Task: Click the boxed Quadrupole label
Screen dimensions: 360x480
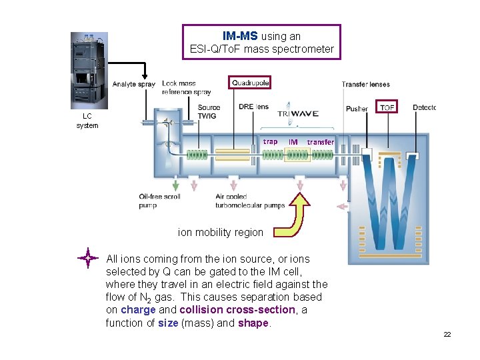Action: (x=251, y=83)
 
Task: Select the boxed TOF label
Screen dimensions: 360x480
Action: (x=387, y=107)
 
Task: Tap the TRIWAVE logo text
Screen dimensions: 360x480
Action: (x=298, y=113)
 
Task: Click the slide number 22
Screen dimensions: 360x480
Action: (x=447, y=334)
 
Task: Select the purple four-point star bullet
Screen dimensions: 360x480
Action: (x=88, y=258)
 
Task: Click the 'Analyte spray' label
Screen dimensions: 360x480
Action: (x=133, y=84)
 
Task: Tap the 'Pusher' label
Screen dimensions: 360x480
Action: (x=357, y=109)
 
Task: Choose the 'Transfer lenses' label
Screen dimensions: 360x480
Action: (x=365, y=84)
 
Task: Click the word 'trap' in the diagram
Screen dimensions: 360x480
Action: (x=270, y=141)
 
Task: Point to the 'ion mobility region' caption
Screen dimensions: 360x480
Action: (x=220, y=233)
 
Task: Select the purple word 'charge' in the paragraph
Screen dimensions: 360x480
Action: (x=139, y=310)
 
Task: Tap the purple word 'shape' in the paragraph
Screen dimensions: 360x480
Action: (x=253, y=323)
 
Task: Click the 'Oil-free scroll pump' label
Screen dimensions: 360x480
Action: (x=159, y=201)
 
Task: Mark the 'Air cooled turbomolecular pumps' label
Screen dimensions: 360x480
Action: (x=249, y=201)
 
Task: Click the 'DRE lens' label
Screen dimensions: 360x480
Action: (x=253, y=107)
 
